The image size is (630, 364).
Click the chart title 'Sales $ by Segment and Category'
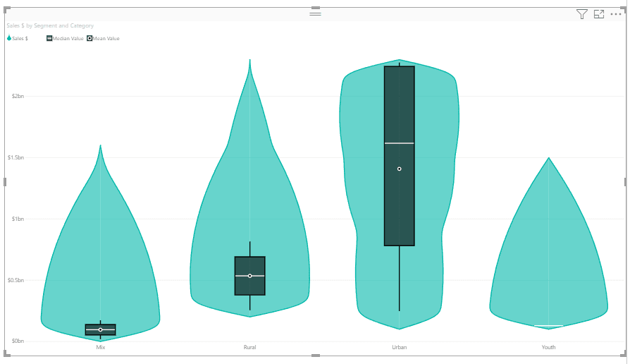(50, 25)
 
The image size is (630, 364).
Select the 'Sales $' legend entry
(18, 39)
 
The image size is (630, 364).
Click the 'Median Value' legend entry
(65, 39)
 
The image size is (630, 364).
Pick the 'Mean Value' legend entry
(104, 39)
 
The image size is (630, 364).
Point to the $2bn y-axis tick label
(18, 96)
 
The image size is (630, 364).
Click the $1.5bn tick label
(16, 157)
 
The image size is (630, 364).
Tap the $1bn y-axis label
(18, 219)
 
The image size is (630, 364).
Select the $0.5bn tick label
(16, 280)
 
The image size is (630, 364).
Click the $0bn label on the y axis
(18, 341)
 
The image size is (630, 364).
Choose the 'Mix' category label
(101, 347)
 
